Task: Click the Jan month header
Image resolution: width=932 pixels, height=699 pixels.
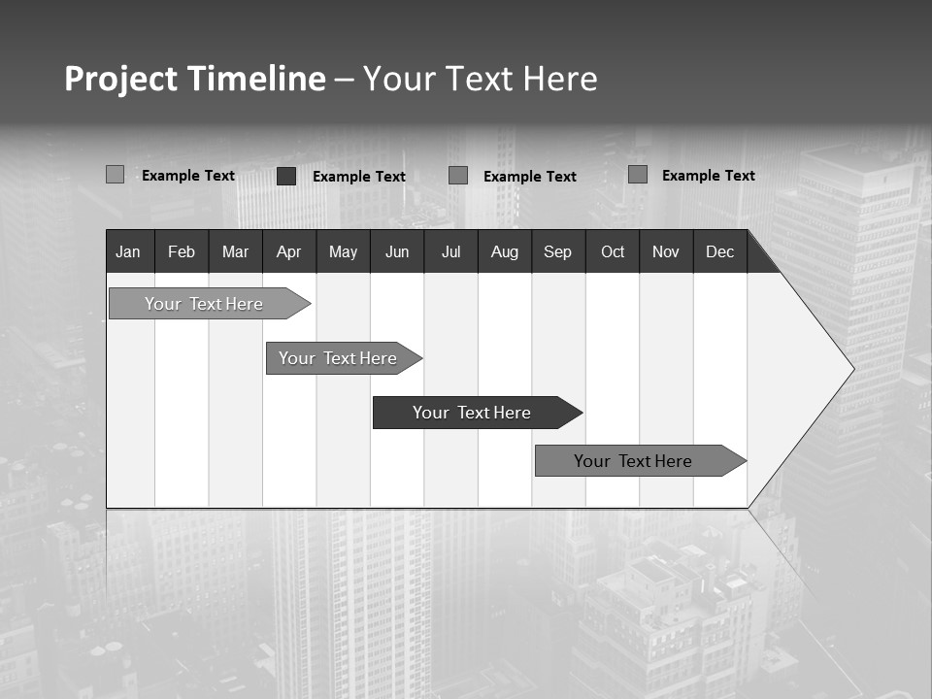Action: [x=128, y=252]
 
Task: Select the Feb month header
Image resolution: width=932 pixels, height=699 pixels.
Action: [x=182, y=252]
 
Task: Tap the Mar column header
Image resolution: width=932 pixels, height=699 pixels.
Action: [x=235, y=252]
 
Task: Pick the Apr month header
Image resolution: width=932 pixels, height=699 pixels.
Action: [x=288, y=252]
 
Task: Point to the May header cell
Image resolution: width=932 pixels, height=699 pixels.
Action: [x=343, y=252]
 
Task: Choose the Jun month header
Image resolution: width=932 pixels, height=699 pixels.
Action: [x=397, y=252]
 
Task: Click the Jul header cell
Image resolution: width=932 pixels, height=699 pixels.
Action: [x=450, y=252]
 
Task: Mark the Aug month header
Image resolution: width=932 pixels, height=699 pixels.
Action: [x=505, y=252]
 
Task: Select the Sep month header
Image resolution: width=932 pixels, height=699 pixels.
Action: [x=558, y=252]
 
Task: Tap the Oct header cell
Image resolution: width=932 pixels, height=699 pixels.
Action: [x=613, y=252]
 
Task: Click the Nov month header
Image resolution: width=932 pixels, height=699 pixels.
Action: [x=666, y=252]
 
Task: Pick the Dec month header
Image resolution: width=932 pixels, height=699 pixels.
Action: [x=720, y=252]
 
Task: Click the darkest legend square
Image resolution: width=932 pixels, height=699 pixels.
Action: [x=286, y=176]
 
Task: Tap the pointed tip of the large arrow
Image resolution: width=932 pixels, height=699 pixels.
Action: [x=851, y=369]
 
